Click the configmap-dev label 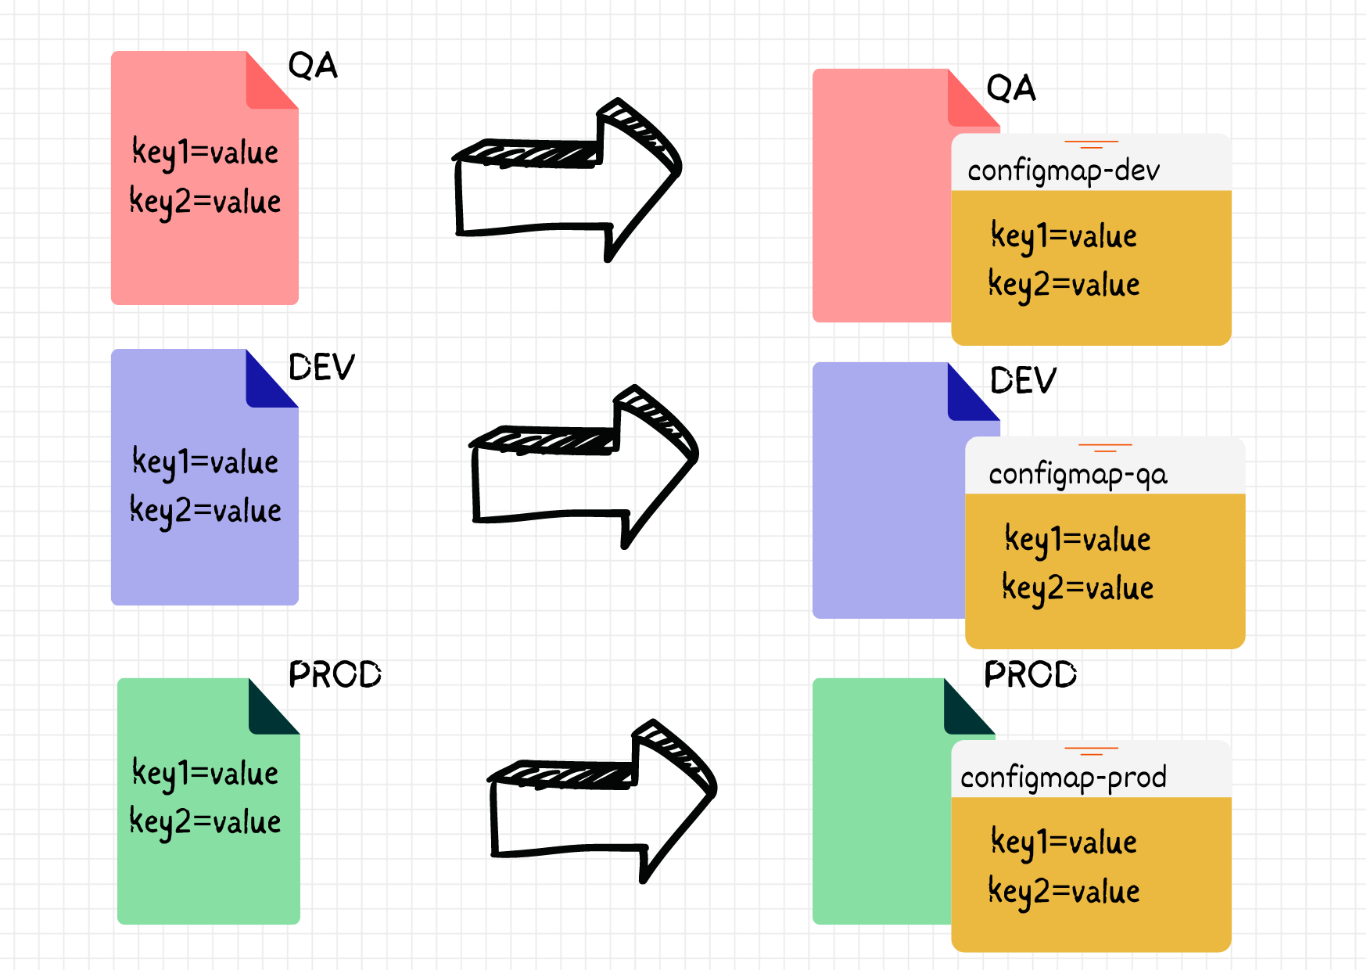point(1063,171)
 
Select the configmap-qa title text point(1077,474)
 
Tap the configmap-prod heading point(1063,777)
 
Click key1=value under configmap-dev point(1064,236)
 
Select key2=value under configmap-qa point(1078,588)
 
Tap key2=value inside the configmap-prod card point(1064,891)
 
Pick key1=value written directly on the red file point(205,152)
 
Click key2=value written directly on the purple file point(205,511)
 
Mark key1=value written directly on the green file point(205,773)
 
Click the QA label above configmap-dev point(1010,88)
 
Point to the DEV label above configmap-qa point(1023,381)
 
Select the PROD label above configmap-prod point(1030,674)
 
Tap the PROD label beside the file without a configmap point(335,674)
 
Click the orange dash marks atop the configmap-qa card point(1105,447)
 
